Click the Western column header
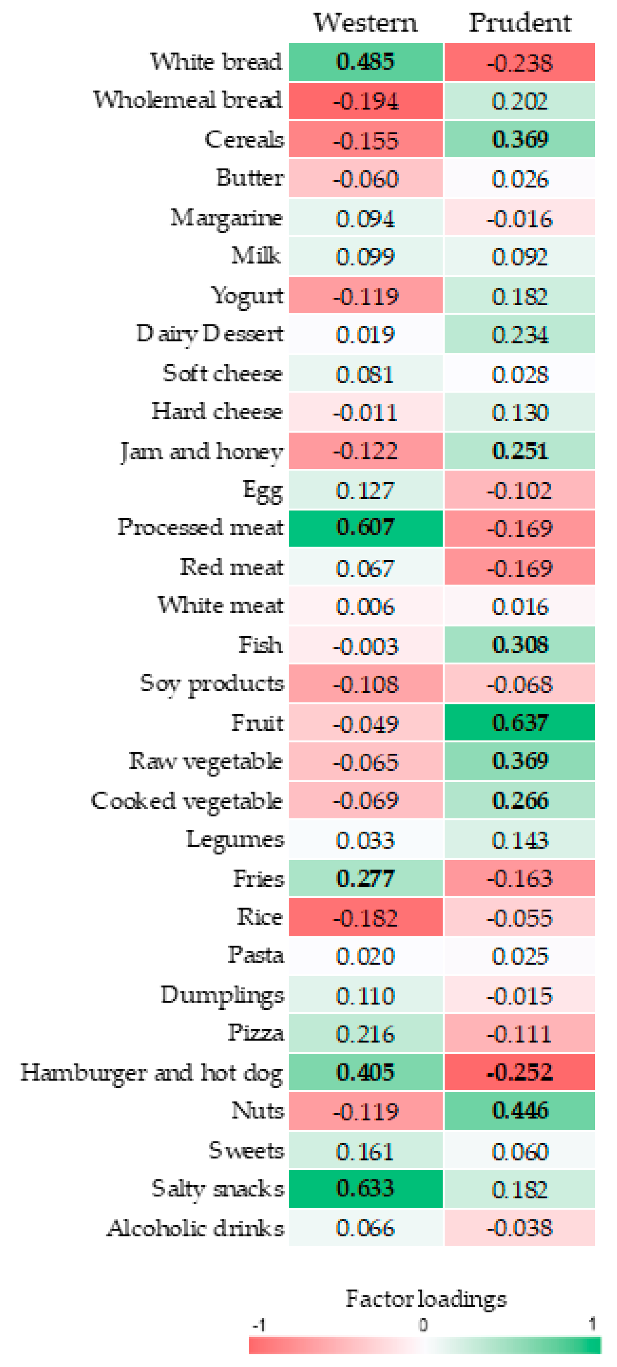point(365,23)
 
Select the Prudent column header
point(520,23)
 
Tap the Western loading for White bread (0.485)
point(365,62)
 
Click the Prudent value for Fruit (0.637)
point(520,723)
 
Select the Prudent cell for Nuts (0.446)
point(520,1111)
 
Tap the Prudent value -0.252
point(520,1072)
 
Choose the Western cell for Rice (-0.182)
point(365,918)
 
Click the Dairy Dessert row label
point(210,334)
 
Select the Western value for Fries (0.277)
point(365,878)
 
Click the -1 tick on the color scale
point(259,1326)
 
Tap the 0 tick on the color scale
point(423,1326)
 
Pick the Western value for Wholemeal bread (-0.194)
point(365,101)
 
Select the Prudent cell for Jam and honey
point(520,451)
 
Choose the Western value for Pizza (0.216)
point(365,1034)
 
